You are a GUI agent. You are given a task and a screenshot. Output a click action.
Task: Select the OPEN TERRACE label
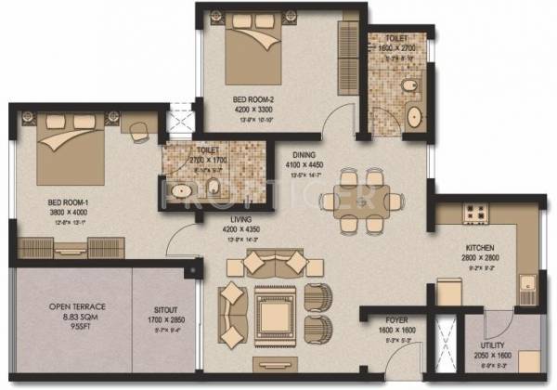coord(65,308)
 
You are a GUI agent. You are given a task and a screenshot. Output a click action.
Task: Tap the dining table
coord(367,197)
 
